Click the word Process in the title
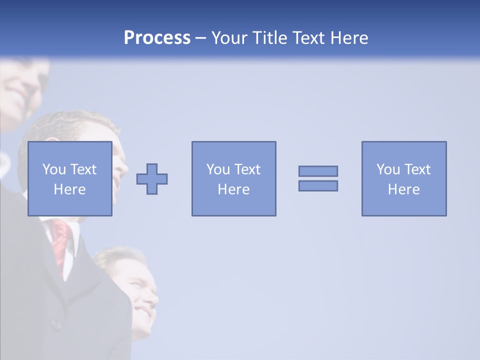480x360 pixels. [157, 38]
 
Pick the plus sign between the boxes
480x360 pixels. [152, 179]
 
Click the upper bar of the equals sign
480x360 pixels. [318, 171]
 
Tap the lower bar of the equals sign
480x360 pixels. [318, 186]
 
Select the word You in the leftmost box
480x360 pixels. [54, 169]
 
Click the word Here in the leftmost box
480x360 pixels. [69, 189]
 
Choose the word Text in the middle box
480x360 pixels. [246, 169]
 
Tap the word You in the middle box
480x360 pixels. [218, 169]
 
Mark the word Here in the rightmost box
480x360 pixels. [403, 189]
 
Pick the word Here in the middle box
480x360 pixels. [233, 189]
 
